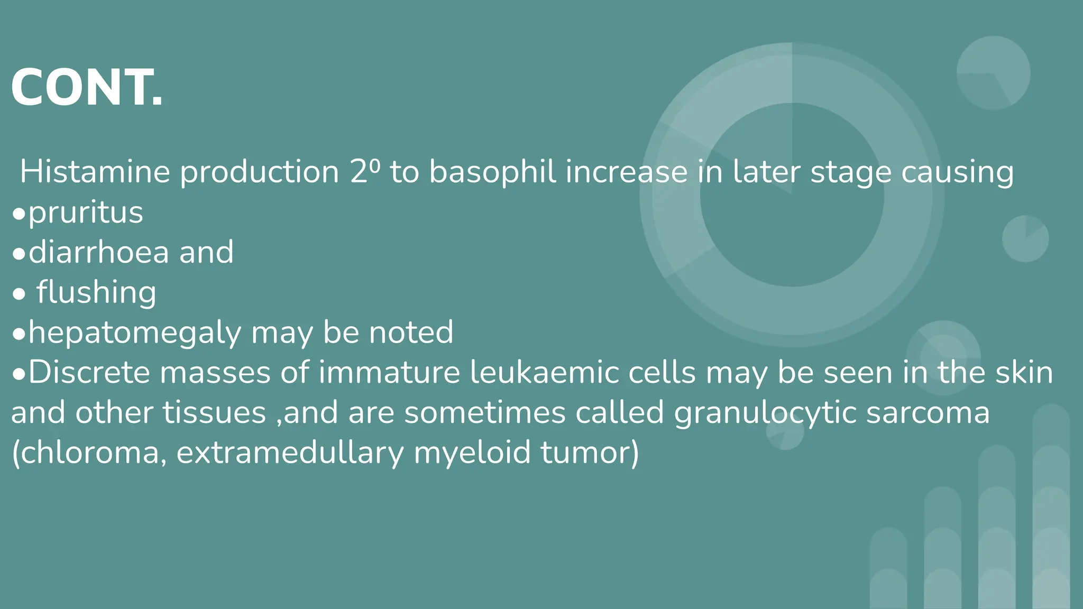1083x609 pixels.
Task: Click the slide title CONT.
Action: [87, 88]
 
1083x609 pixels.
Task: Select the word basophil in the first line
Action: [492, 172]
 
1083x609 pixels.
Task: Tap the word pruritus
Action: [86, 213]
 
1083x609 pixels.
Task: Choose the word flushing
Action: [96, 292]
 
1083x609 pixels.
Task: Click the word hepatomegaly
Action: [135, 333]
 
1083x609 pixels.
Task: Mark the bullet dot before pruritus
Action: [19, 214]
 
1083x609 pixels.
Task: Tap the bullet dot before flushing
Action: [19, 294]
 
